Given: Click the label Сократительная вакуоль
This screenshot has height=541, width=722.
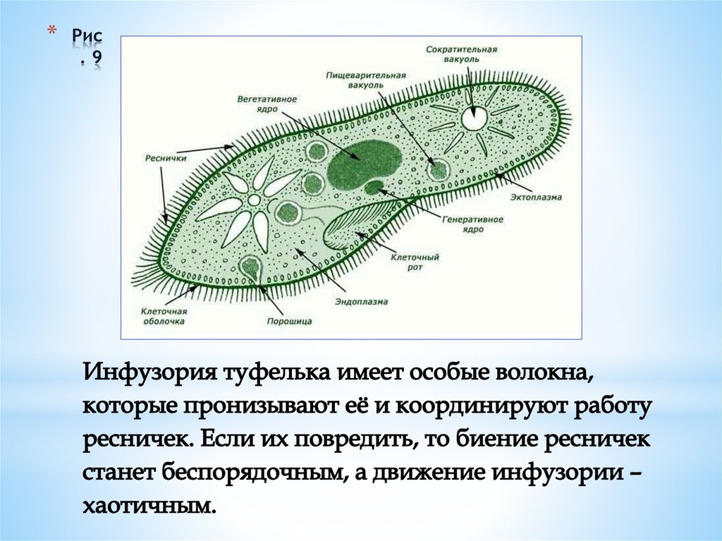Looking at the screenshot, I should (x=462, y=54).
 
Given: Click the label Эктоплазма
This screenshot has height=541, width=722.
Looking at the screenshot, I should (x=537, y=197).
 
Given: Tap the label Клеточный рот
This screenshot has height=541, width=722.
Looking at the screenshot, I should (x=415, y=262).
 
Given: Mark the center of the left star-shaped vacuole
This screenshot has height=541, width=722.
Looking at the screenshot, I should (x=252, y=202).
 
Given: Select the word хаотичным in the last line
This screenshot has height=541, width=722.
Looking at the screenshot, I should (x=146, y=506).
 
